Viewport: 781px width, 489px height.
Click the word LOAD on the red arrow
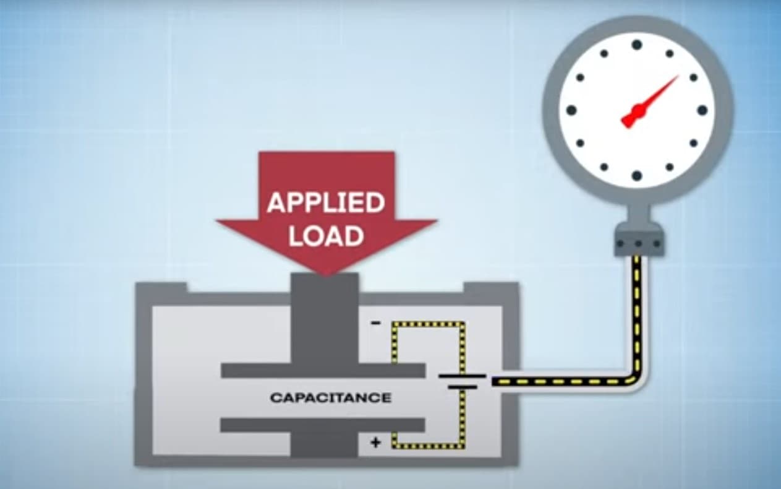tap(326, 236)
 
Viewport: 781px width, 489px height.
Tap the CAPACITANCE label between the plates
tap(331, 397)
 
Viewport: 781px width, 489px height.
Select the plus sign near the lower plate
tap(375, 442)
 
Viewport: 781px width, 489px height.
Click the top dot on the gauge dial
tap(636, 45)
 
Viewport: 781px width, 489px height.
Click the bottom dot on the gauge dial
tap(636, 176)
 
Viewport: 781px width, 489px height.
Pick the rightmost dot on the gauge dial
tap(702, 110)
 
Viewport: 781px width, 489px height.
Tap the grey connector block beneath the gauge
tap(638, 243)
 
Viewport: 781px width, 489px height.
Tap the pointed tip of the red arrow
tap(326, 272)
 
